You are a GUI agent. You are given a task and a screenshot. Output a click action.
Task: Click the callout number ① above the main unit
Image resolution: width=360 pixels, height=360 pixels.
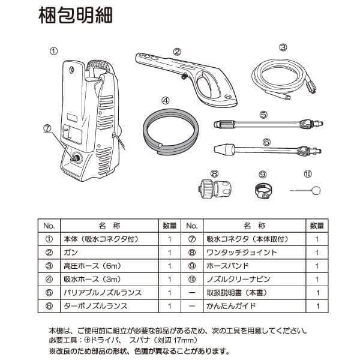pyautogui.click(x=54, y=52)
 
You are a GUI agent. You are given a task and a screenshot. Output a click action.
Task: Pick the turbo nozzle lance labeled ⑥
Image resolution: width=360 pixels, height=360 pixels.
pyautogui.click(x=263, y=150)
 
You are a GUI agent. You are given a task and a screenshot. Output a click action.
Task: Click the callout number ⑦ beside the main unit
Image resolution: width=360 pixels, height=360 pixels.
pyautogui.click(x=47, y=128)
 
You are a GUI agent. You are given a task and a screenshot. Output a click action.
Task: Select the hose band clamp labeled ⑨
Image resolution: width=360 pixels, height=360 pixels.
pyautogui.click(x=262, y=191)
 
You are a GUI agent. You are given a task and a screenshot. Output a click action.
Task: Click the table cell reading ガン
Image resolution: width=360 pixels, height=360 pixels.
pyautogui.click(x=72, y=253)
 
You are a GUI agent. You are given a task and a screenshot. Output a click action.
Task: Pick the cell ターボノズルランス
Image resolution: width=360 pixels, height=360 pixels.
pyautogui.click(x=96, y=305)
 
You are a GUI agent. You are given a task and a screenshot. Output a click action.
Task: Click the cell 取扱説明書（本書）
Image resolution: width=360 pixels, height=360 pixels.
pyautogui.click(x=238, y=292)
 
